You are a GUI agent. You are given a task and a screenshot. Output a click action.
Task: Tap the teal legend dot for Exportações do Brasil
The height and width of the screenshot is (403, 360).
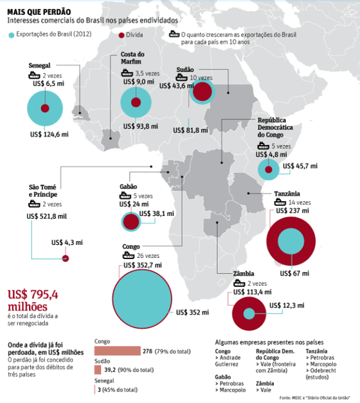(12, 36)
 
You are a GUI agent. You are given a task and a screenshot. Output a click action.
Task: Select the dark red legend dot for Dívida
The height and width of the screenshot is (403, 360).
(121, 36)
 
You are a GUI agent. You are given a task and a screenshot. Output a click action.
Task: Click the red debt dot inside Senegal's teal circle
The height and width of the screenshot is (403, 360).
(44, 108)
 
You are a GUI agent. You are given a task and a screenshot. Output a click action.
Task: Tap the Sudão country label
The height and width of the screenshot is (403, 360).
(185, 70)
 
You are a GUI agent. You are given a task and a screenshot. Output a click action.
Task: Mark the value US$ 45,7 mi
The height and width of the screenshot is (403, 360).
(300, 166)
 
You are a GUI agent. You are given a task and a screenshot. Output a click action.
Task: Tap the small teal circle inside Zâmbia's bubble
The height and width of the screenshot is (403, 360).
(248, 313)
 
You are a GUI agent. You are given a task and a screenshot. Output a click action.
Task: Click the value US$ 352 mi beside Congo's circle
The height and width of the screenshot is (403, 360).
(188, 312)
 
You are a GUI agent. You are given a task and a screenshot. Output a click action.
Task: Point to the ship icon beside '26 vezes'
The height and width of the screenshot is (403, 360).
(126, 256)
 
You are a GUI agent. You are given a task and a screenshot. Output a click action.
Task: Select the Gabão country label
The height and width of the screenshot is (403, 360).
(128, 187)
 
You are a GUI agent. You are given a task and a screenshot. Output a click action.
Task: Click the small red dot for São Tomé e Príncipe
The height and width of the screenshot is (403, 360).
(66, 258)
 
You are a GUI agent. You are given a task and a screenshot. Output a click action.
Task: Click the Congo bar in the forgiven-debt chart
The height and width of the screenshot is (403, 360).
(117, 351)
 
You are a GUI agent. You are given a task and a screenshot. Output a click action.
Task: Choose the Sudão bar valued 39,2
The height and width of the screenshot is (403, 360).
(97, 369)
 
